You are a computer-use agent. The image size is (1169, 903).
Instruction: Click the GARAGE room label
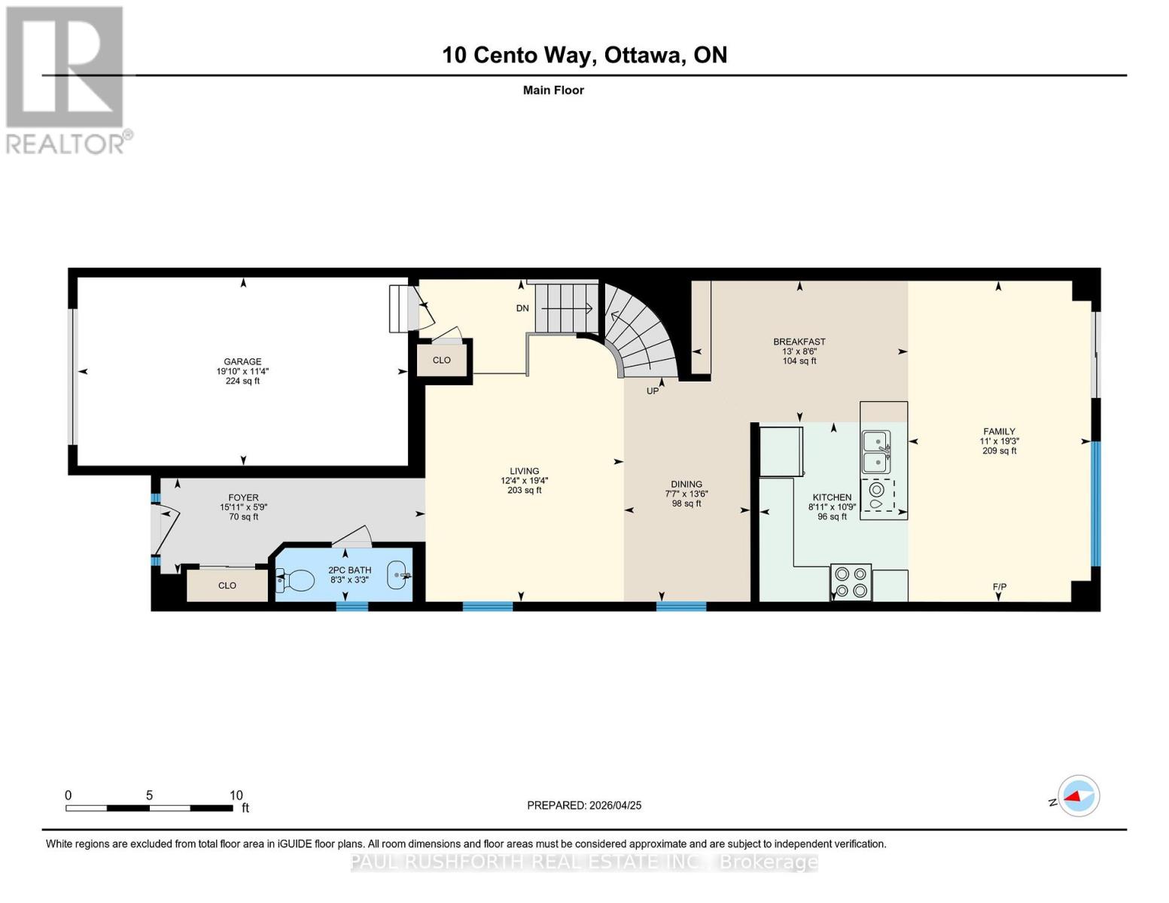click(x=242, y=361)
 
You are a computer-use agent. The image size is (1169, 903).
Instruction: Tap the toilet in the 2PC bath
click(x=295, y=579)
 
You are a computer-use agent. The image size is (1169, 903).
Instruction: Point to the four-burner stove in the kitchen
click(x=851, y=582)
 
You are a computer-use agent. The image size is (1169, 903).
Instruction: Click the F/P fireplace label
click(x=999, y=587)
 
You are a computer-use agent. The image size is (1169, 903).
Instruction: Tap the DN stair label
click(x=522, y=309)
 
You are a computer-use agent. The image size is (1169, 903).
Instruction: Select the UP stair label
click(x=652, y=391)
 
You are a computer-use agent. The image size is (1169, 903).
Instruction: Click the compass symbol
click(x=1078, y=796)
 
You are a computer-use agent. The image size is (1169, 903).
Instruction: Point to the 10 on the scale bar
click(x=236, y=795)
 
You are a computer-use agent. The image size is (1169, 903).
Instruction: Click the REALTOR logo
click(x=67, y=80)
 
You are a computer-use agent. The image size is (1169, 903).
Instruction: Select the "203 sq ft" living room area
click(x=524, y=491)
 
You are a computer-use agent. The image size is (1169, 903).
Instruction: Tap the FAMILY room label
click(x=999, y=431)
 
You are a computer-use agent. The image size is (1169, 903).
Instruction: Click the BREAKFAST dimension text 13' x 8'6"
click(x=799, y=351)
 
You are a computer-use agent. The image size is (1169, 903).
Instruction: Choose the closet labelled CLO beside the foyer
click(x=227, y=585)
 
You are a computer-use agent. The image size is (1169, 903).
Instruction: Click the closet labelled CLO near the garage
click(x=442, y=360)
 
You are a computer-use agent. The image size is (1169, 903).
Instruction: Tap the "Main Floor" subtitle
click(x=553, y=90)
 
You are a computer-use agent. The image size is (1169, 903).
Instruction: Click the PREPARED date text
click(x=584, y=806)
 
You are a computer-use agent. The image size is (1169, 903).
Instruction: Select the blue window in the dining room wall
click(x=680, y=606)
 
